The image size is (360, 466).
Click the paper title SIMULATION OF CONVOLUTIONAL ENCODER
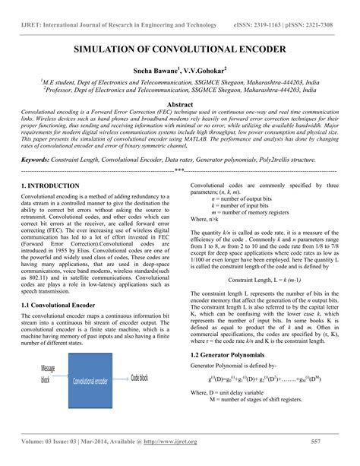(x=179, y=49)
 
